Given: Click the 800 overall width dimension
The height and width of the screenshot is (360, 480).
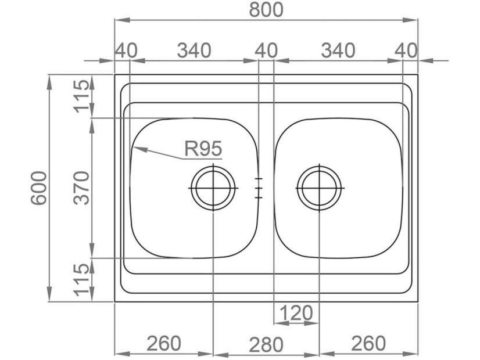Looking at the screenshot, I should click(266, 10).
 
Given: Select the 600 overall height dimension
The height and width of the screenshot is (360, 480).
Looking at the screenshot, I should click(39, 188).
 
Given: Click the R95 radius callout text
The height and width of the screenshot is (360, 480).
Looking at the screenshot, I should click(203, 149).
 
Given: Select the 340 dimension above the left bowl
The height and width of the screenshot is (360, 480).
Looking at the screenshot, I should click(194, 51).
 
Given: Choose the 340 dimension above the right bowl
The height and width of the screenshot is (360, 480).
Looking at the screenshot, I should click(338, 51).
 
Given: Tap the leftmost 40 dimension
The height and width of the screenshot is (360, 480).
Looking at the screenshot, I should click(126, 51).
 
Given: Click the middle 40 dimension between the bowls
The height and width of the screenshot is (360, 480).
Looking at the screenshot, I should click(266, 51).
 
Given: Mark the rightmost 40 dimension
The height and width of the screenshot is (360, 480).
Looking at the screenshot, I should click(406, 51).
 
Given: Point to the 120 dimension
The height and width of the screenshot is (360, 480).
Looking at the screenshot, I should click(296, 314).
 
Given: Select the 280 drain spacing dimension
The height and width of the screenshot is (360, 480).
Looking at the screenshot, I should click(266, 344).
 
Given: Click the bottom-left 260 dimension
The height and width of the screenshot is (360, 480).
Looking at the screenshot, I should click(164, 343).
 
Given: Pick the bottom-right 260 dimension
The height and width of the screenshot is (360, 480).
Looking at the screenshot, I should click(368, 343).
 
